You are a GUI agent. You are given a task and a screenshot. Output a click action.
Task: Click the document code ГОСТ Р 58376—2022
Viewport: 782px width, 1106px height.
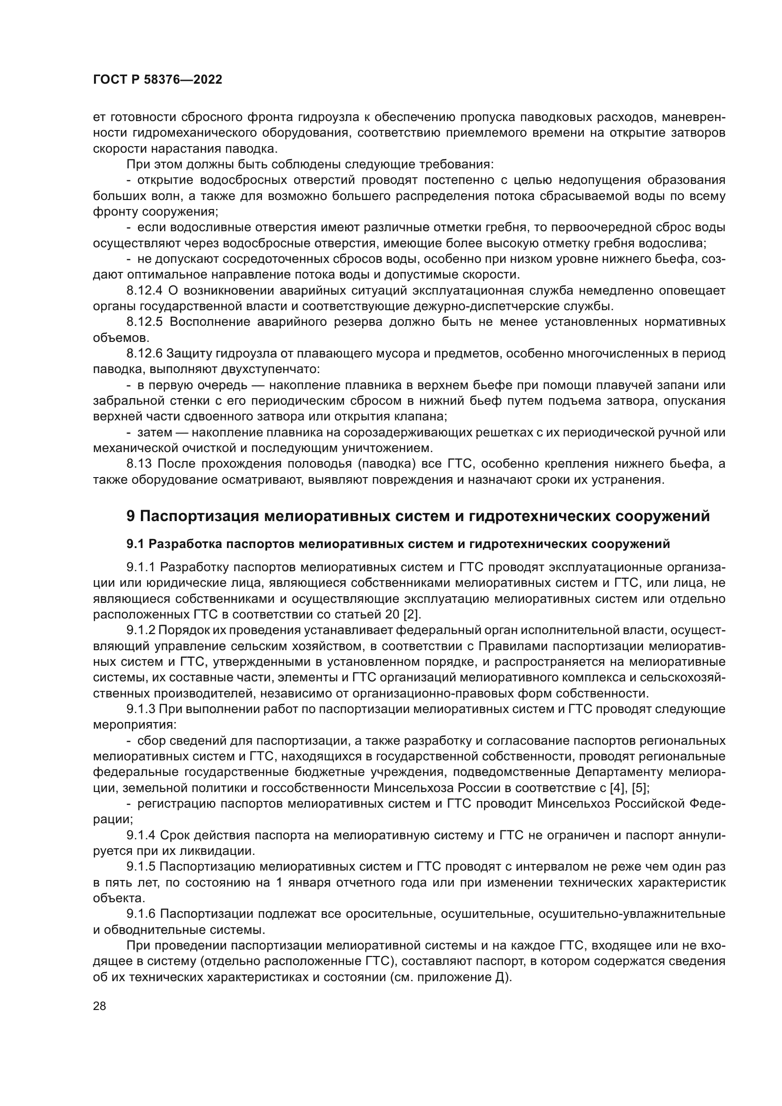coord(157,80)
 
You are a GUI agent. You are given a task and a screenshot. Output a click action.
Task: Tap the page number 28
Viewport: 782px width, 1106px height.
coord(99,1006)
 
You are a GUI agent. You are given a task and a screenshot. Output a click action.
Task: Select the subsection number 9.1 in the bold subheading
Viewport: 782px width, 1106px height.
coord(135,544)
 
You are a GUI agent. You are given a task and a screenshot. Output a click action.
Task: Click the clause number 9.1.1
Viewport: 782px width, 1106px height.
coord(141,567)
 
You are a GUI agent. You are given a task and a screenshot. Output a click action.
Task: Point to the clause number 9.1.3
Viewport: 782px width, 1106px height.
coord(141,709)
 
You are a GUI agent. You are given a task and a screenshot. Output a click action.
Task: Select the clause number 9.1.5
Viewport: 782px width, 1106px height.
coord(141,867)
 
